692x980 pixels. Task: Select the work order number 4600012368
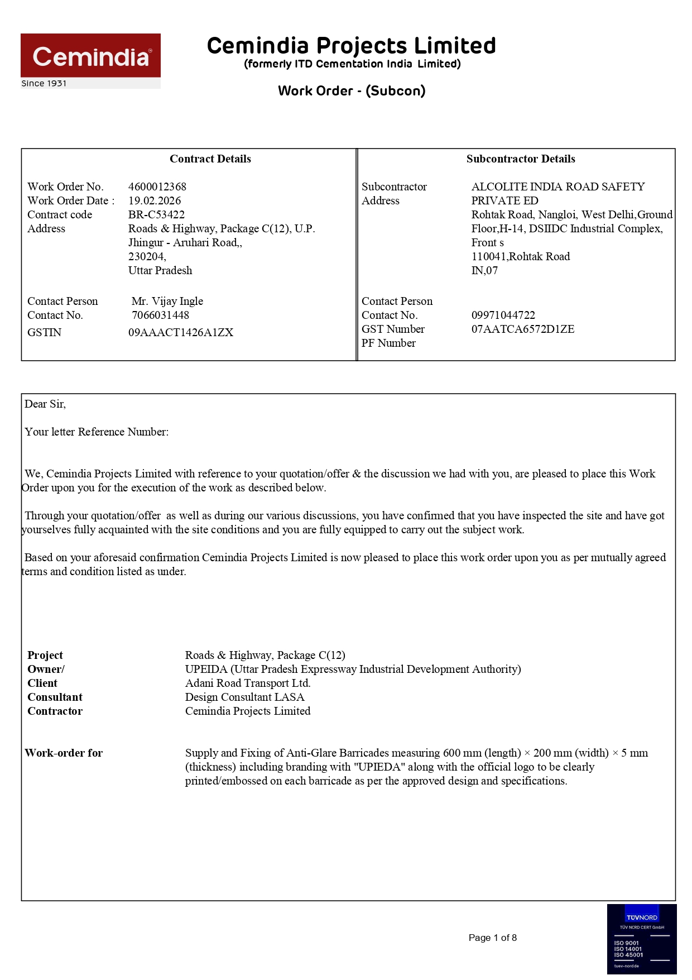pyautogui.click(x=157, y=187)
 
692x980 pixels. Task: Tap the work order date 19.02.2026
pyautogui.click(x=155, y=200)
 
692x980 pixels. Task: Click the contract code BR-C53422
pyautogui.click(x=156, y=214)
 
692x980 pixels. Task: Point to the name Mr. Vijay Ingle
pyautogui.click(x=167, y=301)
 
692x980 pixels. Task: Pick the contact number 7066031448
pyautogui.click(x=160, y=315)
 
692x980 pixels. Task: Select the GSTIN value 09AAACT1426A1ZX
pyautogui.click(x=181, y=332)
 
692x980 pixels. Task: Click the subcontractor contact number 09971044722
pyautogui.click(x=503, y=315)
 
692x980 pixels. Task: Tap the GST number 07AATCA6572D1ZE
pyautogui.click(x=522, y=329)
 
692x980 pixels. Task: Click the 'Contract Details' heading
pyautogui.click(x=210, y=159)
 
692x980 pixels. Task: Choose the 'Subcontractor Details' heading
pyautogui.click(x=521, y=159)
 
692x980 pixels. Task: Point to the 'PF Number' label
pyautogui.click(x=388, y=343)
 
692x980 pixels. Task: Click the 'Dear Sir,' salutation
pyautogui.click(x=45, y=404)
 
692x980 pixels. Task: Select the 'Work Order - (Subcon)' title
pyautogui.click(x=352, y=91)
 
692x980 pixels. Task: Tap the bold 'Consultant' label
pyautogui.click(x=55, y=697)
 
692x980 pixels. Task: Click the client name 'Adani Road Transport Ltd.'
pyautogui.click(x=248, y=683)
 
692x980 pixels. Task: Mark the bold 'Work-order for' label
pyautogui.click(x=64, y=753)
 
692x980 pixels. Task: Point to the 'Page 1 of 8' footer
pyautogui.click(x=492, y=938)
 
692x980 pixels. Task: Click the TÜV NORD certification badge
pyautogui.click(x=641, y=939)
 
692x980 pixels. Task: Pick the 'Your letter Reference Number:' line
pyautogui.click(x=97, y=432)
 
